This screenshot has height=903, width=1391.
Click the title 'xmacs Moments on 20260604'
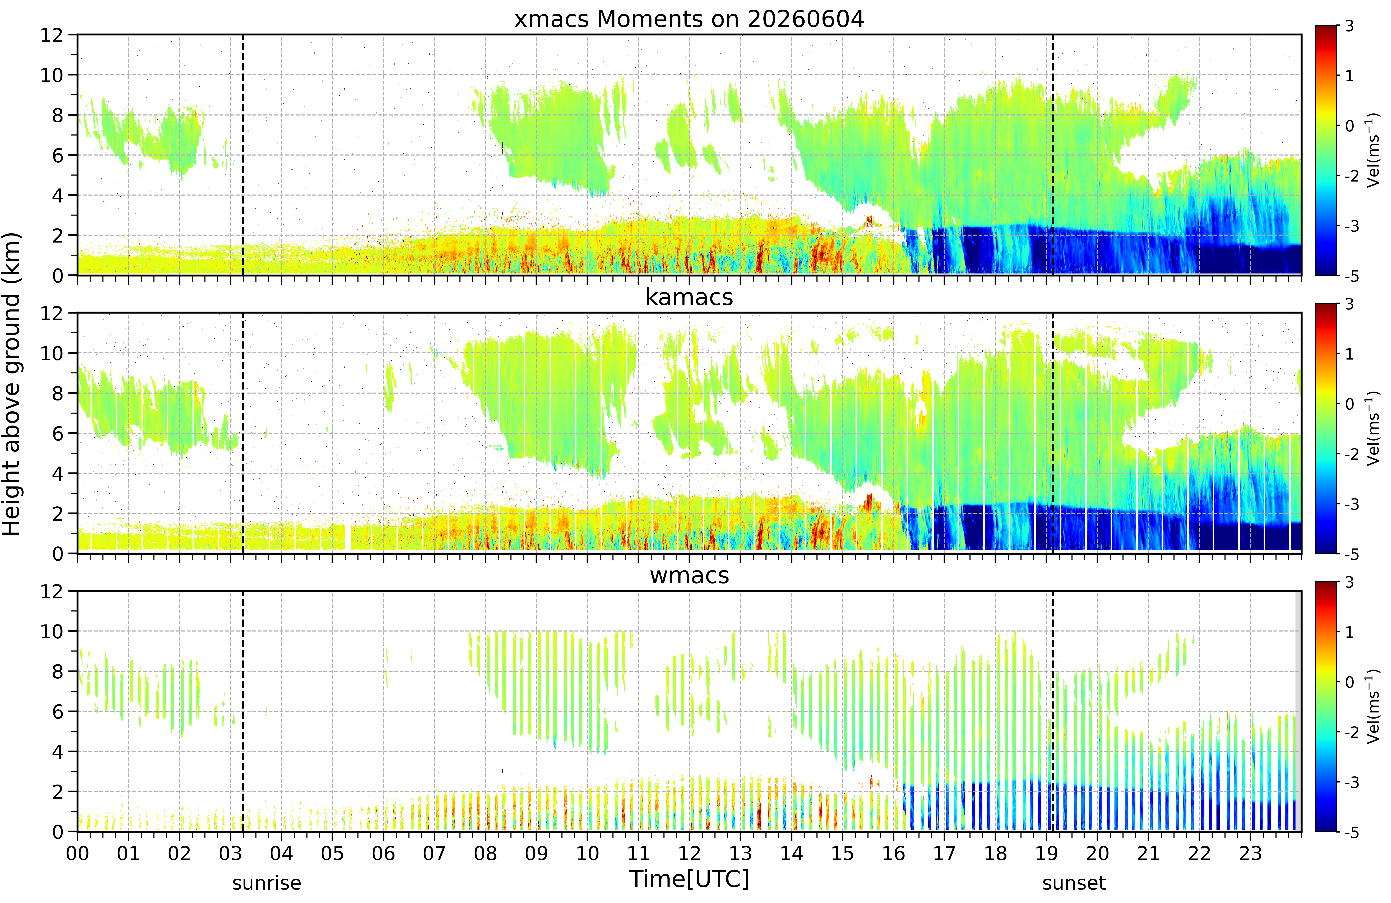point(689,19)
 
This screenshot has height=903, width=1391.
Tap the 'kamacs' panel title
point(689,297)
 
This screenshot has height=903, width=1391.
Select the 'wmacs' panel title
point(689,576)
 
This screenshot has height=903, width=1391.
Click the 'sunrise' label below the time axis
point(267,883)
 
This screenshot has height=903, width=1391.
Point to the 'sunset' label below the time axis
point(1074,883)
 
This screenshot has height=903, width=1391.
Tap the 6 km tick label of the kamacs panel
point(57,434)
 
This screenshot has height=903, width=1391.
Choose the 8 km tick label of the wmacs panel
point(57,672)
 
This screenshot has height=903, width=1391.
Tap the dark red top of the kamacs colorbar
point(1326,307)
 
